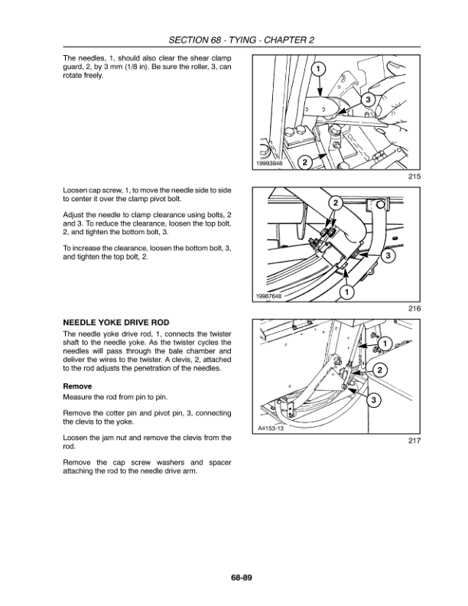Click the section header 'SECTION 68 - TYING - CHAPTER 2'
(234, 40)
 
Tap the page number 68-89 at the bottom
(234, 576)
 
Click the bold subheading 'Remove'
(78, 386)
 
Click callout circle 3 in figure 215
(367, 100)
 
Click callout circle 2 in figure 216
(335, 203)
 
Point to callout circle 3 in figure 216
(388, 255)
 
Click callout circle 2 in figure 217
(380, 372)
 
